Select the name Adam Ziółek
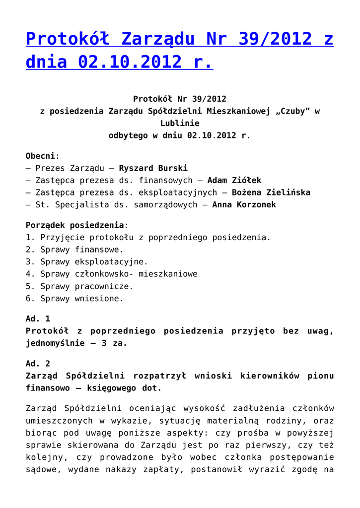point(234,181)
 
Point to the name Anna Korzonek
point(244,205)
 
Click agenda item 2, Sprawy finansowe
point(81,250)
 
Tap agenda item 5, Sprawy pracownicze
point(87,286)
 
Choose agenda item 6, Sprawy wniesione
point(81,299)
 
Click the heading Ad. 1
point(38,319)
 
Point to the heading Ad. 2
point(38,364)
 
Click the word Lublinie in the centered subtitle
point(180,124)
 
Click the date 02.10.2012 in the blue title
point(125,63)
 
